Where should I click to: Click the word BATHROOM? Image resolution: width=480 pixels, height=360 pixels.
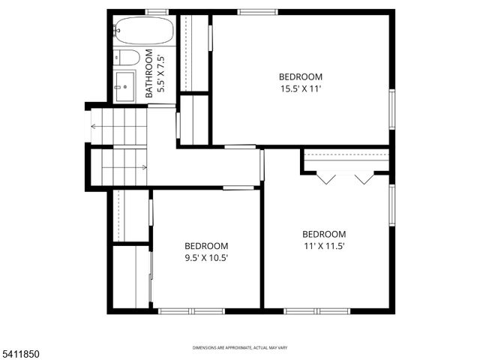pos(149,73)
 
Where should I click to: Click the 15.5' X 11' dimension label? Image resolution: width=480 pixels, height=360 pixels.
pos(301,88)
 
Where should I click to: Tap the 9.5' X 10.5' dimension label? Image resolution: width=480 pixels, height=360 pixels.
pos(206,258)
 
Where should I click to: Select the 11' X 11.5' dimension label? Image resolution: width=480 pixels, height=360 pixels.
pos(324,246)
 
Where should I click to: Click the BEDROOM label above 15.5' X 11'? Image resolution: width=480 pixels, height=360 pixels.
pos(301,76)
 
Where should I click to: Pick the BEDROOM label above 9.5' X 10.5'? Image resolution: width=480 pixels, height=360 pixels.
pos(206,246)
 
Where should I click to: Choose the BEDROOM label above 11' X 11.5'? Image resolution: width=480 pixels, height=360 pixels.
pos(324,234)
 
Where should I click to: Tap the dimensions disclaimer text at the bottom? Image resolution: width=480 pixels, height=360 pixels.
pos(240,348)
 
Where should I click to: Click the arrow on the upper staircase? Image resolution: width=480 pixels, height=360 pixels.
pos(94,126)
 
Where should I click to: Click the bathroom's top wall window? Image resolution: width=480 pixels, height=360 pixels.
pos(156,12)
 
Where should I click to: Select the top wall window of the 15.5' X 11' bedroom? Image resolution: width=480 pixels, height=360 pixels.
pos(257,12)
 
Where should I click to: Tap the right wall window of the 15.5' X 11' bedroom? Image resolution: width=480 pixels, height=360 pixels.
pos(391,109)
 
